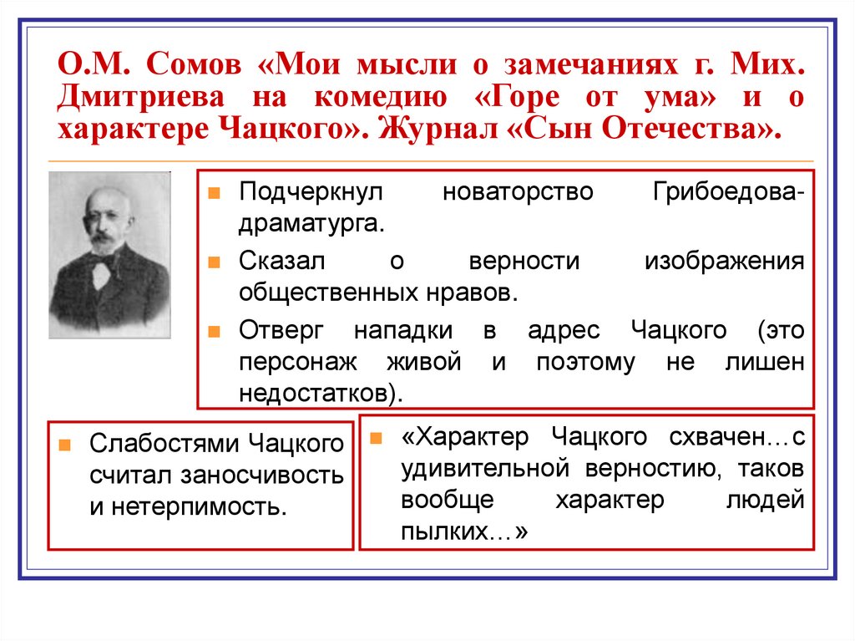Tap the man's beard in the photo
pyautogui.click(x=104, y=245)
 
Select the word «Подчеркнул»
pyautogui.click(x=310, y=191)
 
